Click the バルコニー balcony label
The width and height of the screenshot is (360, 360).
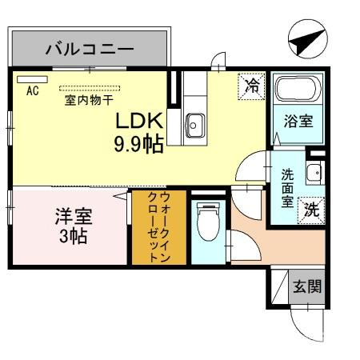click(x=89, y=49)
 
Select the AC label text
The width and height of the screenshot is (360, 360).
click(x=33, y=90)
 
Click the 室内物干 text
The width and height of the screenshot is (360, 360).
click(x=88, y=102)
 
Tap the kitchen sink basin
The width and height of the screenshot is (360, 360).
click(x=194, y=124)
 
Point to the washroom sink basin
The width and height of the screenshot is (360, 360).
click(x=315, y=172)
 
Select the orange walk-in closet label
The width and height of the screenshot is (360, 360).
click(x=158, y=227)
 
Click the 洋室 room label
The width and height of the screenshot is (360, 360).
click(x=74, y=216)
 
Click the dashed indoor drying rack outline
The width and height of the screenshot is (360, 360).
click(x=88, y=88)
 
